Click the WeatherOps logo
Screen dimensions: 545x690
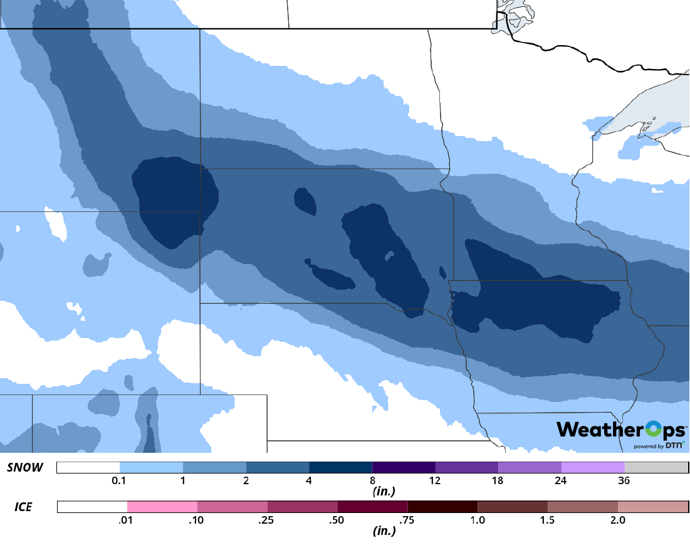coord(621,430)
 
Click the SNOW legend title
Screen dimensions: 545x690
coord(25,468)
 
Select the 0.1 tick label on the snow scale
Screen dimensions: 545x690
coord(120,481)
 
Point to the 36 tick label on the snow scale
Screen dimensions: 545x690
coord(624,481)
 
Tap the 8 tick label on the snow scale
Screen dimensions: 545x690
coord(372,481)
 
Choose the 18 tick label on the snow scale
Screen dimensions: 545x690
coord(498,481)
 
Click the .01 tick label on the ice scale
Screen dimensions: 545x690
coord(127,520)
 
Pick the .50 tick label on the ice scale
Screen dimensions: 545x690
coord(338,520)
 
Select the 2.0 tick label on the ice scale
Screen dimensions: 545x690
coord(618,520)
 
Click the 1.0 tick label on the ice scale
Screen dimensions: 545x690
coord(478,520)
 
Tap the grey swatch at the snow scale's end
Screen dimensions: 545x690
coord(656,468)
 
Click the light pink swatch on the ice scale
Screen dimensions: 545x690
coord(162,507)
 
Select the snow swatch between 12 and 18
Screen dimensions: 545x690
coord(467,468)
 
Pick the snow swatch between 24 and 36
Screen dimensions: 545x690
coord(593,468)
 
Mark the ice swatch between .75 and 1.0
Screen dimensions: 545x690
coord(442,507)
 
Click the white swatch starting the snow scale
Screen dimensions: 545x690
coord(88,468)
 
